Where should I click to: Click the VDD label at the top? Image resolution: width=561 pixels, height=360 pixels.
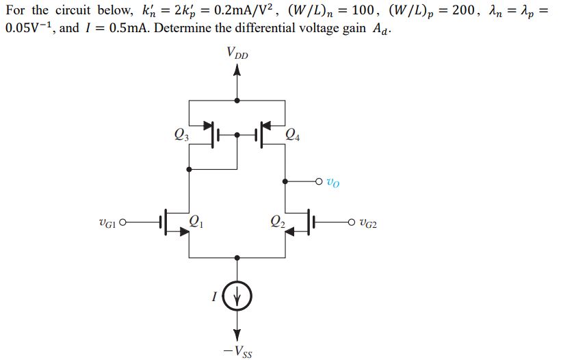(237, 53)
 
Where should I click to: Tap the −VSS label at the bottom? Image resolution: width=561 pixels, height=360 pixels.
(237, 352)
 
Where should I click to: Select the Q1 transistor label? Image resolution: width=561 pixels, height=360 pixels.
(195, 220)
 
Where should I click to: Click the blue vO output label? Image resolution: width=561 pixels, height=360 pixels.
(333, 183)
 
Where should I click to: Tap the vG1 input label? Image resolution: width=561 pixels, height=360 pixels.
(108, 222)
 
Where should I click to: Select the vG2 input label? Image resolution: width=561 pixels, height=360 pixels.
(367, 222)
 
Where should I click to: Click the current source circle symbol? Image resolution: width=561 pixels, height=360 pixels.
(237, 297)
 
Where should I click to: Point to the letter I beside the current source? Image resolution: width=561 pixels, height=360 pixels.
(215, 297)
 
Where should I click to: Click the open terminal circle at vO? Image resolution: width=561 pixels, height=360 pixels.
(320, 182)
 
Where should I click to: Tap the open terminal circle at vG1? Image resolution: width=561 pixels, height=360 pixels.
(124, 222)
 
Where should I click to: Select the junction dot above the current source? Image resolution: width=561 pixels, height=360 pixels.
(237, 258)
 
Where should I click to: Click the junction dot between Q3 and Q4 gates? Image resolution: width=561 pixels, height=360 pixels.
(237, 135)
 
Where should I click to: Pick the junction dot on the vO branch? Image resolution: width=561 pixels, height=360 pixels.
(285, 182)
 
